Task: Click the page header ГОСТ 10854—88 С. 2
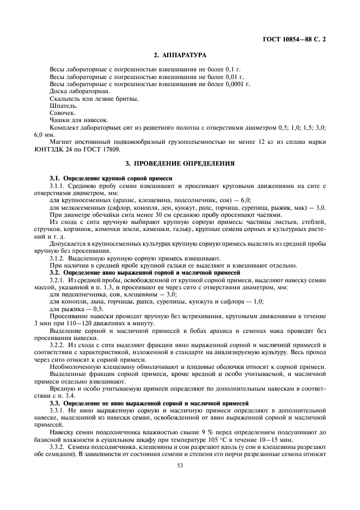pyautogui.click(x=295, y=40)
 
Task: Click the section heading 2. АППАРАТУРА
pyautogui.click(x=180, y=56)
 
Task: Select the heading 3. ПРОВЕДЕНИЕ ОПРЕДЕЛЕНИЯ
pyautogui.click(x=180, y=163)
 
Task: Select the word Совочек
pyautogui.click(x=60, y=113)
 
